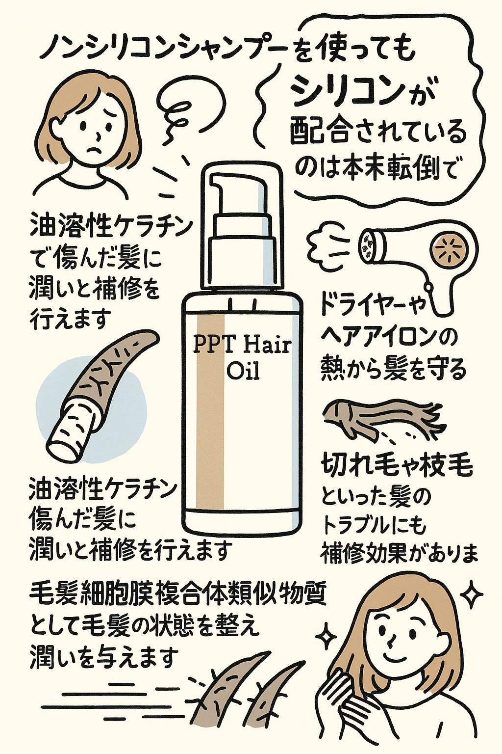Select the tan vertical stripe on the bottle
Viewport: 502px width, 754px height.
[210, 412]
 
